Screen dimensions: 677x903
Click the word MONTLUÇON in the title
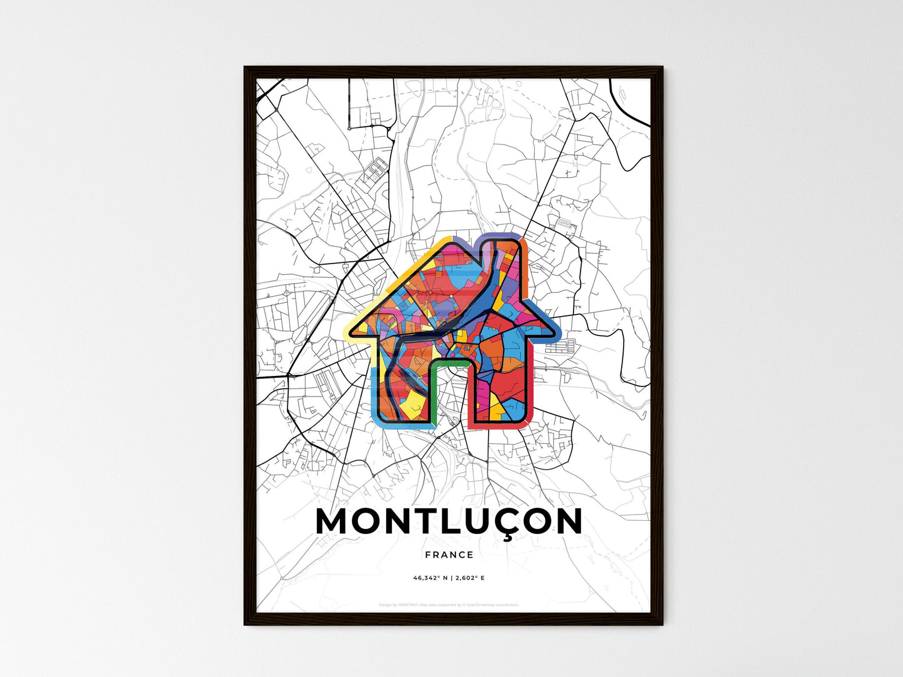pos(449,521)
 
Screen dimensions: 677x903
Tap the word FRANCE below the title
pos(449,555)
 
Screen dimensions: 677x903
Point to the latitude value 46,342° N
pos(429,578)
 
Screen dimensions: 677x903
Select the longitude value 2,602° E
pos(470,578)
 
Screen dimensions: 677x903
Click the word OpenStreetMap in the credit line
pos(485,605)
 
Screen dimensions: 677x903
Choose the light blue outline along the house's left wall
pos(374,393)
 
